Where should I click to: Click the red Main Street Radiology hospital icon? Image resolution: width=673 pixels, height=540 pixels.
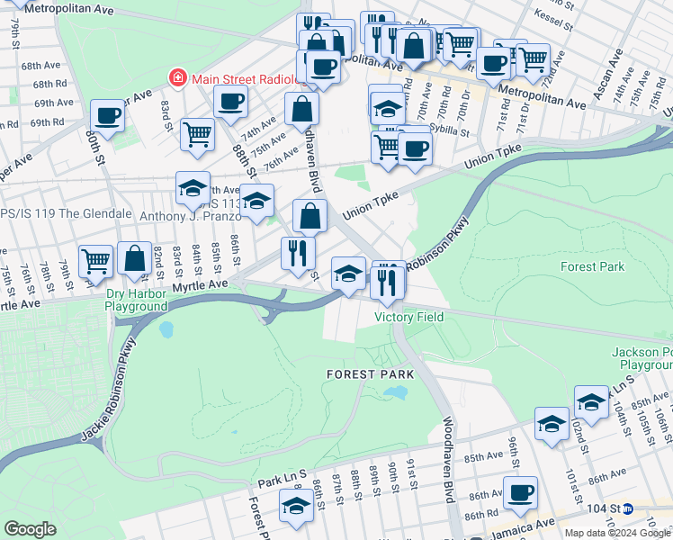(177, 78)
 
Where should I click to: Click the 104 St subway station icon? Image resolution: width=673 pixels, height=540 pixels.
(628, 508)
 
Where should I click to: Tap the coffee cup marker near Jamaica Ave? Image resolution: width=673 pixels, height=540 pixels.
(520, 493)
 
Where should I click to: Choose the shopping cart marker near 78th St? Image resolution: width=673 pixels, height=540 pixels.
(95, 261)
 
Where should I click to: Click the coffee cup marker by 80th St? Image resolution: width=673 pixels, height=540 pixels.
(107, 116)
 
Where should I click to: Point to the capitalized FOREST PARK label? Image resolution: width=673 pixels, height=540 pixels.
(370, 373)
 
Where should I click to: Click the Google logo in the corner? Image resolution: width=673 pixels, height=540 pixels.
(30, 529)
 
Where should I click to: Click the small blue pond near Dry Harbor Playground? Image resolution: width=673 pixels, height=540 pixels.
(166, 329)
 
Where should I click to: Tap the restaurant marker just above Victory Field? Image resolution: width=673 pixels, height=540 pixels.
(388, 282)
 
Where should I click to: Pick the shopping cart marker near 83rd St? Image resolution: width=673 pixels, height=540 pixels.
(197, 135)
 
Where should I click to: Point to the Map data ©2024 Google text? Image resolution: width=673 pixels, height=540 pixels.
(617, 533)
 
